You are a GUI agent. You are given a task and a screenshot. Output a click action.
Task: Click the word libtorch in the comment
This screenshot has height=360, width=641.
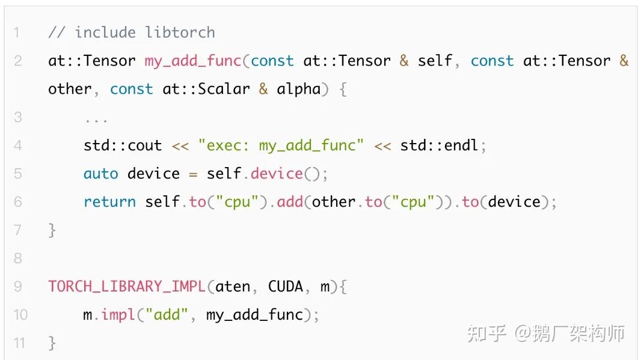point(180,32)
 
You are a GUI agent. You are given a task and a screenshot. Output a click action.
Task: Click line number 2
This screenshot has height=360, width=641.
point(17,61)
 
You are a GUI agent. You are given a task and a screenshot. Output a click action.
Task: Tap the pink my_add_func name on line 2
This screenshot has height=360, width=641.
point(193,61)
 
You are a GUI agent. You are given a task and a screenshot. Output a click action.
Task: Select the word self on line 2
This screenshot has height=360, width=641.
point(435,61)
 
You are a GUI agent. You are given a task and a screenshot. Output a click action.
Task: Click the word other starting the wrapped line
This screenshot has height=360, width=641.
point(70,89)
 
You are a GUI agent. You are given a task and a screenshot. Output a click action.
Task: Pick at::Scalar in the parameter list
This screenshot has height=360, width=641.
point(206,89)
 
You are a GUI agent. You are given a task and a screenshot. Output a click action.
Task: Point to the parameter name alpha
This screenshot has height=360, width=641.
point(299,89)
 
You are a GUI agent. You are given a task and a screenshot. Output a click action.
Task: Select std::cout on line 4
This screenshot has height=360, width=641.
point(123,145)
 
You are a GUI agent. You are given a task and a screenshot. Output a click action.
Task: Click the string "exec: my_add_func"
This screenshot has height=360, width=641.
point(281,145)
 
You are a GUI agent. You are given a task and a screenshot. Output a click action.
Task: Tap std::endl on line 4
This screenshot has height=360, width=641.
point(439,145)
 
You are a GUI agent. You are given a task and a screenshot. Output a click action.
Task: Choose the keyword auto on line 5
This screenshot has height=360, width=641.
point(100,174)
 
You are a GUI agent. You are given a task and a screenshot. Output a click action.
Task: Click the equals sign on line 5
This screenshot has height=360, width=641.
point(193,174)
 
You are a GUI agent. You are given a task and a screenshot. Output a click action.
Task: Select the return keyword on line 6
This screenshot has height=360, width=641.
point(109,202)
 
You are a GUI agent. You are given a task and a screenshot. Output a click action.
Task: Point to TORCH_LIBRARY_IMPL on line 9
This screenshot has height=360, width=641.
point(127,287)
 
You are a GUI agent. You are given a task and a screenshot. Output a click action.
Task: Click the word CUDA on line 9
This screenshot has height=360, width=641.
point(286,287)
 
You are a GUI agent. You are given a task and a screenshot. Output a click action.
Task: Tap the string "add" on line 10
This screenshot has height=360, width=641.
point(167,315)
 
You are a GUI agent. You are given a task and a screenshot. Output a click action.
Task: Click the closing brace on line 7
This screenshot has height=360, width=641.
point(52,230)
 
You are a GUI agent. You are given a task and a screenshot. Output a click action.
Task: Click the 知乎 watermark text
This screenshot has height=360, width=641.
point(486,334)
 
